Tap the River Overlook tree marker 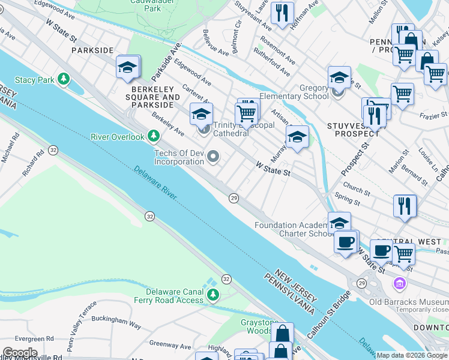(x=154, y=136)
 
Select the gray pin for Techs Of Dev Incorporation (x=213, y=157)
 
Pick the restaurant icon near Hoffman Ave (x=282, y=13)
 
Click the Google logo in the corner (x=20, y=353)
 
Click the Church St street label (x=357, y=190)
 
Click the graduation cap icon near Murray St (x=297, y=137)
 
